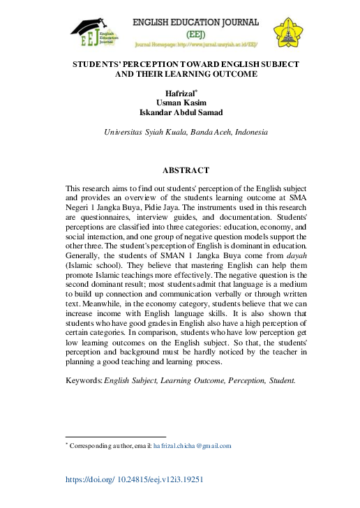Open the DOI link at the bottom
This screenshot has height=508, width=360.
(135, 480)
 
